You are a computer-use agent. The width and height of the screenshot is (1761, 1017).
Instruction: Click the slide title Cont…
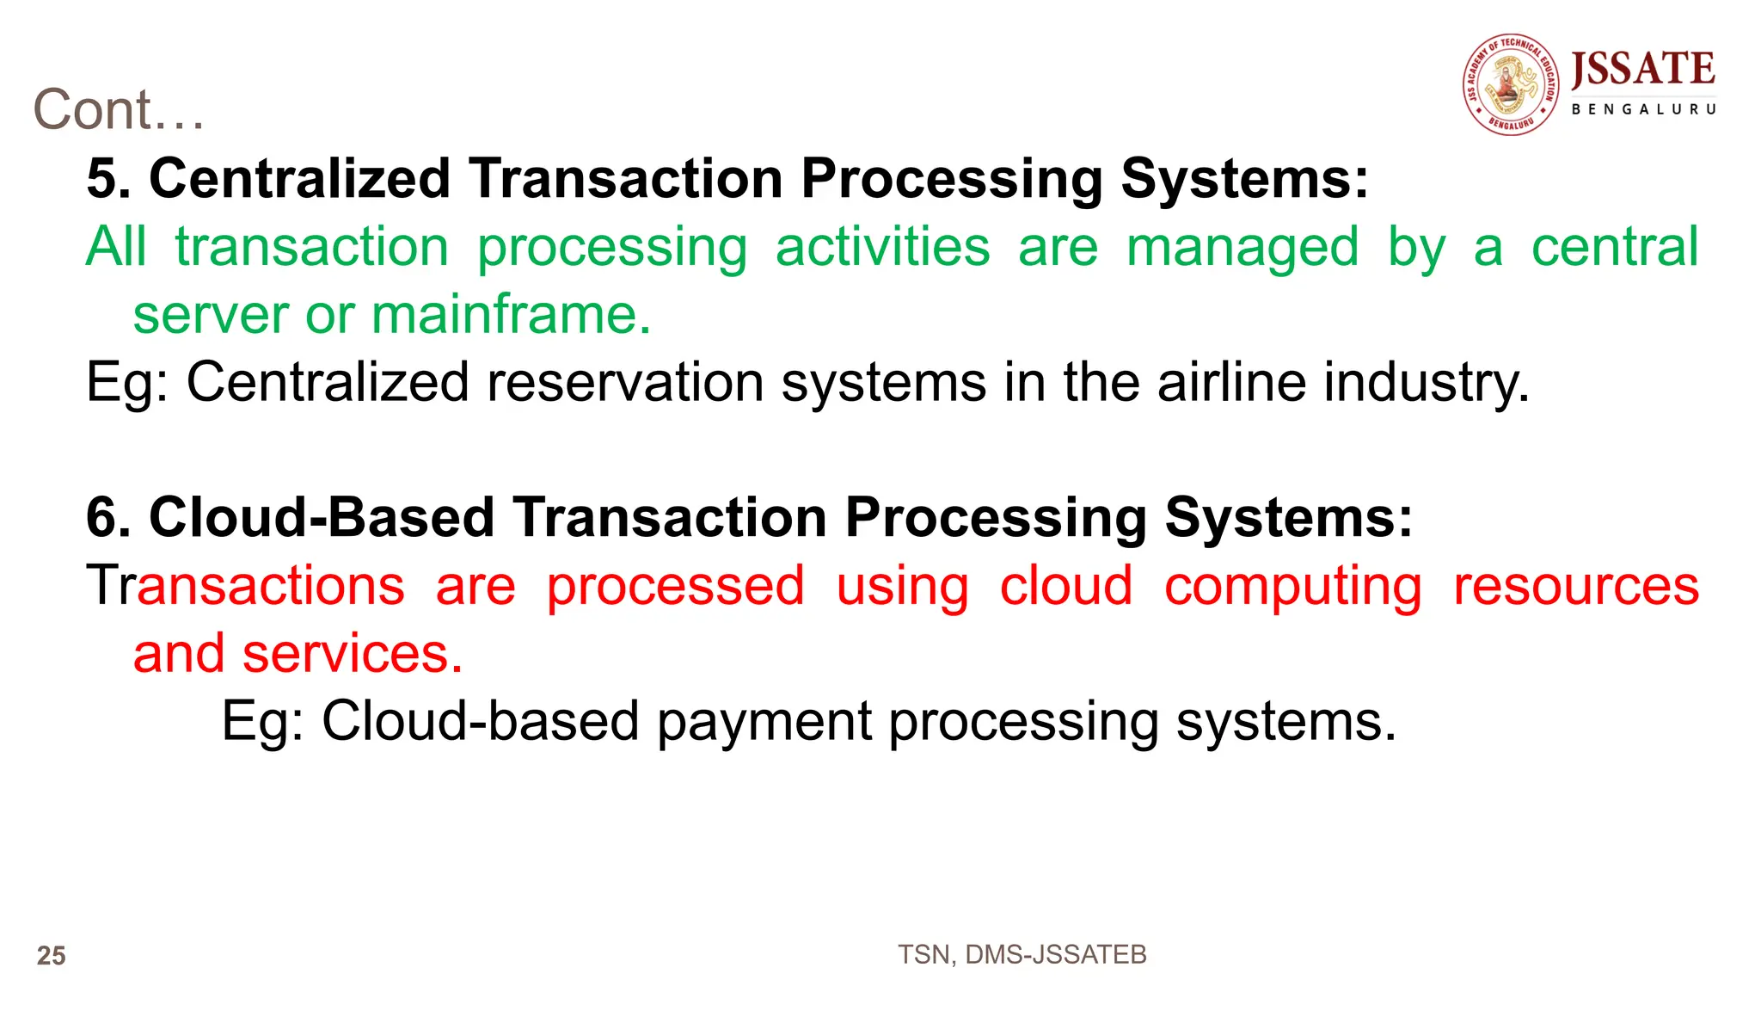(x=119, y=110)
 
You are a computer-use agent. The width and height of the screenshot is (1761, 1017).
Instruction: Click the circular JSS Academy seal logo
(x=1511, y=84)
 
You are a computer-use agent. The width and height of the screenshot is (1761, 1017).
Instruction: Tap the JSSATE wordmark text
(x=1642, y=69)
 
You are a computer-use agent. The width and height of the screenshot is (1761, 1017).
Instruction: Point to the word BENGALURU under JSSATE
(x=1643, y=109)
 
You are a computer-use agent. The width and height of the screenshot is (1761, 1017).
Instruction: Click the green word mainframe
(x=511, y=314)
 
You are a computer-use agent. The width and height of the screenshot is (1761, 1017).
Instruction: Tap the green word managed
(x=1243, y=247)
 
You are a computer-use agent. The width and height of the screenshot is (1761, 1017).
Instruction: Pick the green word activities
(x=882, y=247)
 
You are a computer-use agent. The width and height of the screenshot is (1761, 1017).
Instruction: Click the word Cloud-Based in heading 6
(x=322, y=517)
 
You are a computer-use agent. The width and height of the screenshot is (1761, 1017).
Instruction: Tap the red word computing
(x=1292, y=587)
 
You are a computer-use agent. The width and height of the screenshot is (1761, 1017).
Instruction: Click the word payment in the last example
(x=764, y=721)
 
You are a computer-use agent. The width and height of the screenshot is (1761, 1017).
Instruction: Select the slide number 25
(x=52, y=955)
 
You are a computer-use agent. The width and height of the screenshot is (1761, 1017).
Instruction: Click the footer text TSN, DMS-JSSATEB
(x=1022, y=954)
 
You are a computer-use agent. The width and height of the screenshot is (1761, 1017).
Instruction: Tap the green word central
(x=1614, y=247)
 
